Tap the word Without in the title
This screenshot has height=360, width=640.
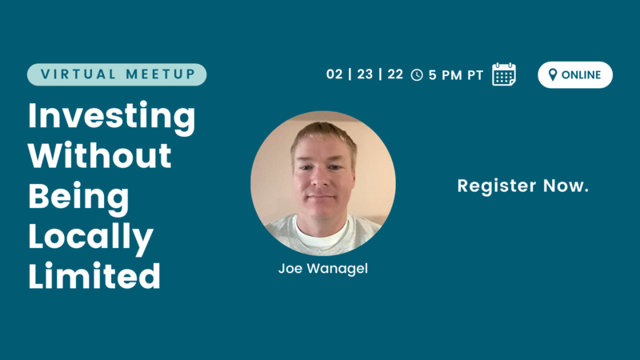click(99, 155)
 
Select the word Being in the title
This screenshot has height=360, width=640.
click(78, 198)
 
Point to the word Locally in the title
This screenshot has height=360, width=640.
click(90, 238)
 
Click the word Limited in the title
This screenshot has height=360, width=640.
click(94, 275)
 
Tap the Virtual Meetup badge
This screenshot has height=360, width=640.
click(117, 74)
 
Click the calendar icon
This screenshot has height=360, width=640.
click(504, 74)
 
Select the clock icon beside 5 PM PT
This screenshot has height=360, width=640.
click(417, 75)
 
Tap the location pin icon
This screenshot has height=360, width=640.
click(553, 74)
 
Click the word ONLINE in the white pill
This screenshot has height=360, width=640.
click(582, 74)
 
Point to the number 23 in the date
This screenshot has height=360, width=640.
click(365, 74)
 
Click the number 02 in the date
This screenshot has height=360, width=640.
click(334, 74)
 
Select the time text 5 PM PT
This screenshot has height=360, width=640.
click(456, 75)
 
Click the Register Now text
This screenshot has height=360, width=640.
click(523, 186)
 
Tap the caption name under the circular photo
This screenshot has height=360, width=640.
click(323, 269)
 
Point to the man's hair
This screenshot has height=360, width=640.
click(324, 134)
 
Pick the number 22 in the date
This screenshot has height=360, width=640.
click(395, 74)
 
